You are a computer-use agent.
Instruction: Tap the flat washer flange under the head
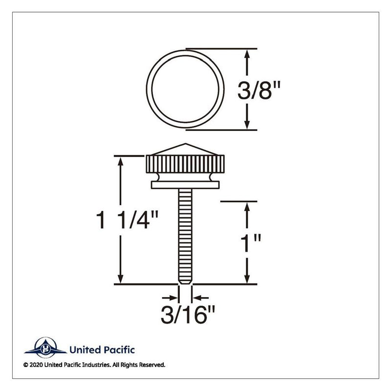[x=185, y=185]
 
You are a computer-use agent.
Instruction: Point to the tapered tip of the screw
[x=185, y=281]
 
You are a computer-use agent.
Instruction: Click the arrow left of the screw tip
[x=172, y=297]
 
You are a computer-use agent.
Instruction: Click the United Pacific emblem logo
[x=45, y=348]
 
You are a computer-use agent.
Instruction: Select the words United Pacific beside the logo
[x=102, y=349]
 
